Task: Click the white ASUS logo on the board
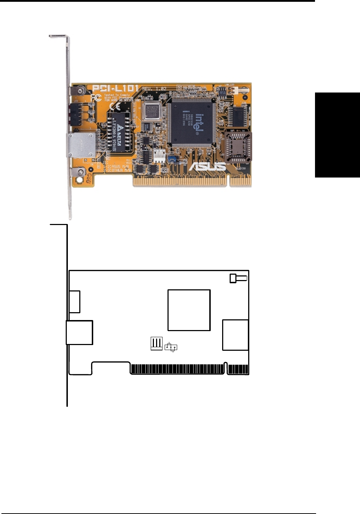pos(207,166)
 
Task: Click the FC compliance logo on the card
pos(96,97)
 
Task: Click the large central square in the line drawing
pos(189,310)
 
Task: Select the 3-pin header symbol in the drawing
pos(156,343)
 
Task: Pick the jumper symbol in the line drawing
pos(171,347)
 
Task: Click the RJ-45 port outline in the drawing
pos(80,333)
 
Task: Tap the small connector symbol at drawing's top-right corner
pos(238,278)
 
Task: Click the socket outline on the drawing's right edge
pos(235,335)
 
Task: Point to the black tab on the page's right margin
pos(337,135)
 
